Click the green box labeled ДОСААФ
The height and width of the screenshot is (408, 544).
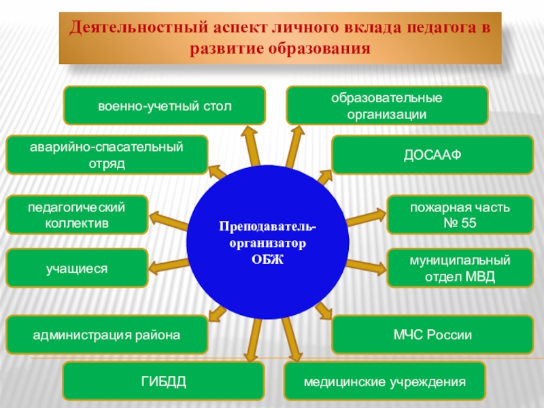pyautogui.click(x=432, y=155)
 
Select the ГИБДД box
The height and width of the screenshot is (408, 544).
pyautogui.click(x=163, y=381)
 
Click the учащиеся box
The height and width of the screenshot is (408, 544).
pyautogui.click(x=77, y=268)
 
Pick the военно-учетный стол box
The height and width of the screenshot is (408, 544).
pyautogui.click(x=165, y=106)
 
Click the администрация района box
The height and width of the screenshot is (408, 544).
pyautogui.click(x=107, y=335)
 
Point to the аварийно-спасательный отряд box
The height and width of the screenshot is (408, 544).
pyautogui.click(x=107, y=155)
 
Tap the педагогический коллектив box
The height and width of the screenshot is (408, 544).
pyautogui.click(x=77, y=214)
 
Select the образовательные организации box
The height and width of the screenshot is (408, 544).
pyautogui.click(x=386, y=106)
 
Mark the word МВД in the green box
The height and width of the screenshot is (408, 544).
pyautogui.click(x=481, y=277)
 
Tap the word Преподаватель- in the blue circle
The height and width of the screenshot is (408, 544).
pyautogui.click(x=267, y=225)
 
